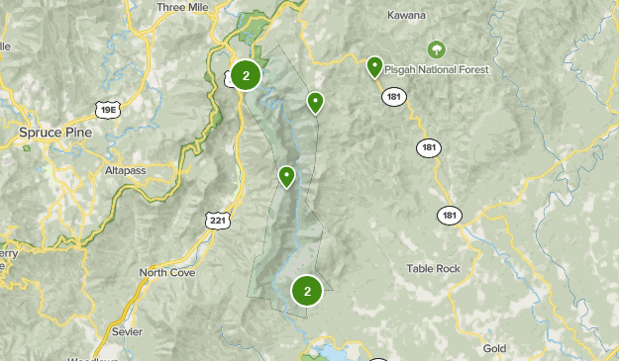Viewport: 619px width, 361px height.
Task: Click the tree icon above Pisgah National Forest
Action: click(x=436, y=48)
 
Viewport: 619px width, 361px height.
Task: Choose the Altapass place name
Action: click(x=125, y=170)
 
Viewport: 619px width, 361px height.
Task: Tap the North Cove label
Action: click(x=166, y=272)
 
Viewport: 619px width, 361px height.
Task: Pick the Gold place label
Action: click(x=494, y=348)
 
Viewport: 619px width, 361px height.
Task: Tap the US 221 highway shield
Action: click(x=217, y=220)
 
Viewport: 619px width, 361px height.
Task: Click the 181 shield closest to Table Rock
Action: click(x=450, y=215)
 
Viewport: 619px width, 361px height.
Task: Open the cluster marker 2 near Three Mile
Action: click(x=246, y=75)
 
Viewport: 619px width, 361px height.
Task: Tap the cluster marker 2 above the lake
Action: click(x=307, y=291)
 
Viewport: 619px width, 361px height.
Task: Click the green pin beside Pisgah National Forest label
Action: click(x=374, y=67)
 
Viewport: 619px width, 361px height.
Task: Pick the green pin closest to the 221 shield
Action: click(x=286, y=177)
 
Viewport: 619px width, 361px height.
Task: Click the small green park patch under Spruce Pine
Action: click(x=27, y=147)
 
